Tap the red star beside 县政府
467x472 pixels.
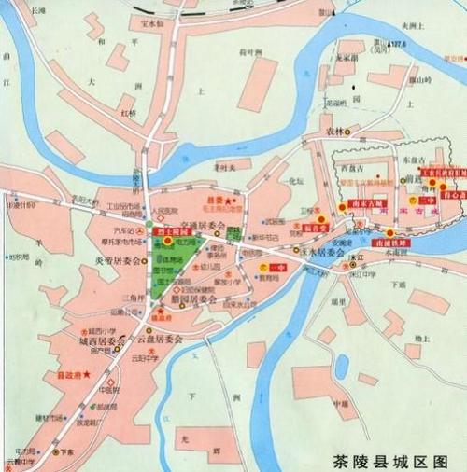pyautogui.click(x=87, y=375)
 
